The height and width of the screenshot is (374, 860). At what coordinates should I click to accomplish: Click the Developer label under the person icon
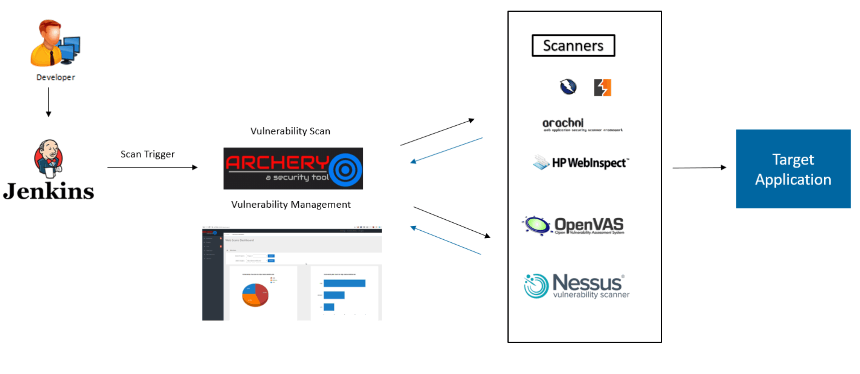[x=55, y=77]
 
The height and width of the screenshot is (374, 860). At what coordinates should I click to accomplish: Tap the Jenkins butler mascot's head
[x=48, y=151]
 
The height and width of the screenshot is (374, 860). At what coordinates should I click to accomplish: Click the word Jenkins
[x=48, y=192]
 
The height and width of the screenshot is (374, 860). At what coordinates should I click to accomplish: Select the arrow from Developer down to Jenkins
[x=48, y=102]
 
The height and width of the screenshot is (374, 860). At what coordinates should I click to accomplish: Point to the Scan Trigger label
[x=147, y=154]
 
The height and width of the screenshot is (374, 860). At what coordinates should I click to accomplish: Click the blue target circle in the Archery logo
[x=345, y=170]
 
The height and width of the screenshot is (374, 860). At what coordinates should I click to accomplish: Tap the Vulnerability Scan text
[x=290, y=131]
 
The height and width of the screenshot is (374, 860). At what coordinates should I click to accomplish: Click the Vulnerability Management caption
[x=290, y=204]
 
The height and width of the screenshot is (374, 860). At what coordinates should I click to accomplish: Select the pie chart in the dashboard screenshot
[x=255, y=295]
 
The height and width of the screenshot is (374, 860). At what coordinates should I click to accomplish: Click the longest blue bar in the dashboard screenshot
[x=344, y=283]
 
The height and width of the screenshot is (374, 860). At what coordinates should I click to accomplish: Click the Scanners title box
[x=573, y=46]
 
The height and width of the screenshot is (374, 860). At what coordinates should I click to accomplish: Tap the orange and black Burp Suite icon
[x=602, y=88]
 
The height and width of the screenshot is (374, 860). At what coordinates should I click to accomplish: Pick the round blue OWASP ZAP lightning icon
[x=568, y=87]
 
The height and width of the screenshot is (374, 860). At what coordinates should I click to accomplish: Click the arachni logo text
[x=563, y=123]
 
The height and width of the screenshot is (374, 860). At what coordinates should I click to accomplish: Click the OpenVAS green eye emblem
[x=536, y=225]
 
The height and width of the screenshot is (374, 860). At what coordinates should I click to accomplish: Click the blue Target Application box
[x=793, y=169]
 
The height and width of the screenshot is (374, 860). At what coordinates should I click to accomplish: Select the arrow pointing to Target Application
[x=699, y=167]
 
